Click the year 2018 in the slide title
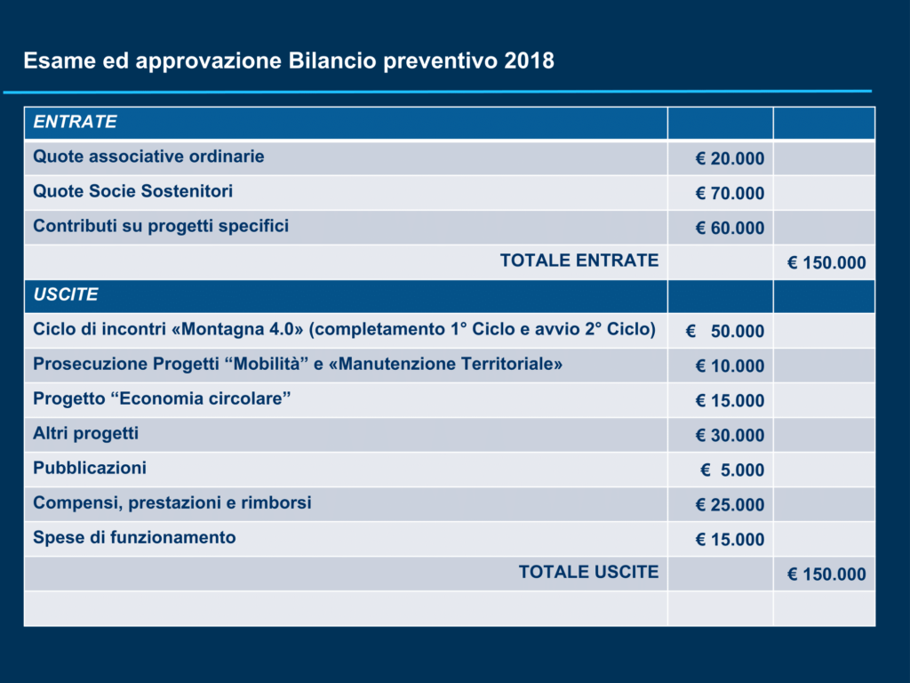529,61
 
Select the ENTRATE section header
75,121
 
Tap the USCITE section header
66,294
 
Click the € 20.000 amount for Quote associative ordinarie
730,158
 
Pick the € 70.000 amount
730,193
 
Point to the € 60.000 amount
730,229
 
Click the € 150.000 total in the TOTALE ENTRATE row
826,263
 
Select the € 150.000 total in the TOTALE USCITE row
826,575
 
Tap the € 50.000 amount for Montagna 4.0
725,331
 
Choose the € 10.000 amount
730,366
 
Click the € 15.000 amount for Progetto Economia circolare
730,401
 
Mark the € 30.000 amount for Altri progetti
730,436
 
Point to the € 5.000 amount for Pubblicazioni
732,470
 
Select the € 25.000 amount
730,505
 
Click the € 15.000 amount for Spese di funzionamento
730,540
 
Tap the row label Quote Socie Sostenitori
133,191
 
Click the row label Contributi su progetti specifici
161,226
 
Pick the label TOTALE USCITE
588,572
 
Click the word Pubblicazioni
90,468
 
